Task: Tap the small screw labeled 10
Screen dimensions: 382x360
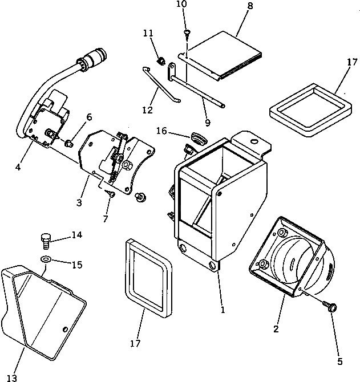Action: coord(187,34)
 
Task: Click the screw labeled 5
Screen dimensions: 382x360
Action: coord(330,306)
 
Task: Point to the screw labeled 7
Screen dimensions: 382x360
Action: coord(110,195)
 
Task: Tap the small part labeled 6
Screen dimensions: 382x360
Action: coord(69,142)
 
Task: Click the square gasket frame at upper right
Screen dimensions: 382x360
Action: coord(311,112)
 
